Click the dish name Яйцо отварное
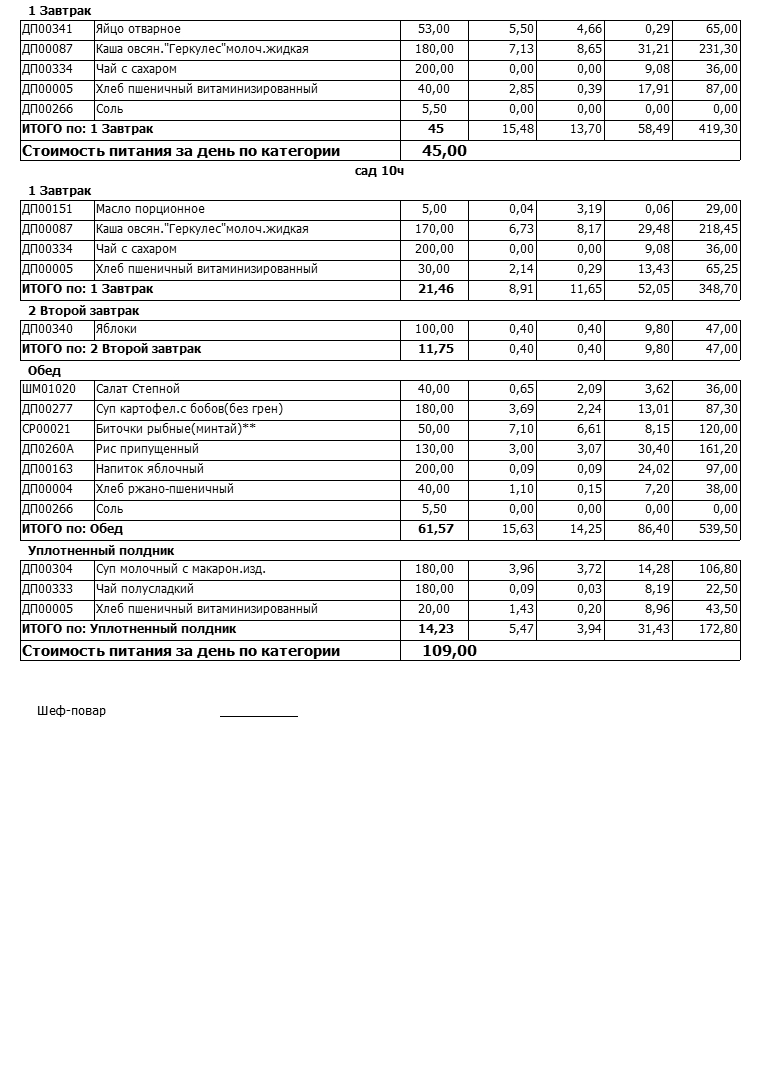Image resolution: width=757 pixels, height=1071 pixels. pyautogui.click(x=138, y=29)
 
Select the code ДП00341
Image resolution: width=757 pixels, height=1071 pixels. pyautogui.click(x=47, y=29)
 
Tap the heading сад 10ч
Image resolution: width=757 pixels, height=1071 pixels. pyautogui.click(x=379, y=171)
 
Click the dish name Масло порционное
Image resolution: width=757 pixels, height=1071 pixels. pyautogui.click(x=150, y=209)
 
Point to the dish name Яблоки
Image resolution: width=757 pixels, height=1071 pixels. pyautogui.click(x=116, y=329)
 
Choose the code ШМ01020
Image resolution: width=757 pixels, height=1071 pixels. pyautogui.click(x=49, y=389)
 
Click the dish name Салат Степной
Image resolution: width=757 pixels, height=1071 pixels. pyautogui.click(x=138, y=389)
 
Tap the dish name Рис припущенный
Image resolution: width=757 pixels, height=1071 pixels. pyautogui.click(x=147, y=449)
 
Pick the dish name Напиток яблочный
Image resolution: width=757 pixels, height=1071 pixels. pyautogui.click(x=149, y=469)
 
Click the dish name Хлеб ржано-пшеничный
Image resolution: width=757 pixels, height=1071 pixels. pyautogui.click(x=164, y=489)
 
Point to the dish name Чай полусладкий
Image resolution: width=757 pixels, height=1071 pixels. pyautogui.click(x=144, y=589)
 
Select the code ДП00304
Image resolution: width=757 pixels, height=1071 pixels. pyautogui.click(x=47, y=569)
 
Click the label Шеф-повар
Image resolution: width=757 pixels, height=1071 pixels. pyautogui.click(x=71, y=711)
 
